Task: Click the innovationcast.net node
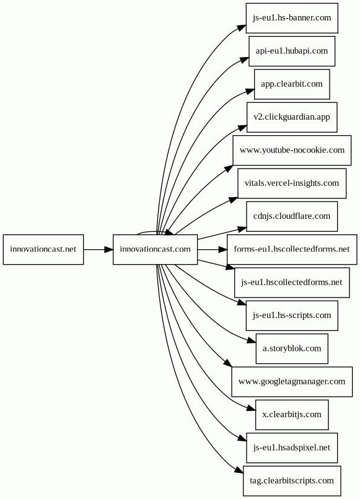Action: click(43, 249)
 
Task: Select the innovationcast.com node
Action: click(155, 249)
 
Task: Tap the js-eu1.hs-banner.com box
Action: click(292, 18)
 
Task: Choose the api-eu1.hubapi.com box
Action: click(292, 51)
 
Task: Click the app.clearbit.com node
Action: click(292, 84)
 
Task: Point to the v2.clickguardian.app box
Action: click(292, 117)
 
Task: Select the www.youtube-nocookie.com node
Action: click(292, 150)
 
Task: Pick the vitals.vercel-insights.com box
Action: click(292, 183)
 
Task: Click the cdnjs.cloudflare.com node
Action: click(292, 216)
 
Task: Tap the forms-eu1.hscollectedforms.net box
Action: click(292, 249)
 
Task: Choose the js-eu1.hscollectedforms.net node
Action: click(292, 283)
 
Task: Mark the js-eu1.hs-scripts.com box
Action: click(292, 316)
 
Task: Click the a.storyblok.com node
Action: click(292, 349)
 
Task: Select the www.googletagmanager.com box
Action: click(292, 382)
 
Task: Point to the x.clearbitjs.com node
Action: click(292, 415)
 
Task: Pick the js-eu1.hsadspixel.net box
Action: click(292, 448)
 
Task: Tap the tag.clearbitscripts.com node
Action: click(292, 481)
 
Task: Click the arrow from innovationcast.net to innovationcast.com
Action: click(99, 249)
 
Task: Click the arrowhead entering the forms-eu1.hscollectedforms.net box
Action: click(223, 249)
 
